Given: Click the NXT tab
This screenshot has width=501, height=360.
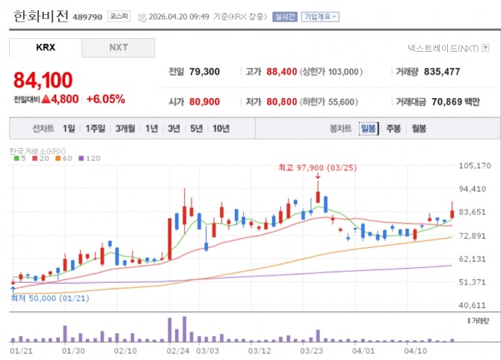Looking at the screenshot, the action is pyautogui.click(x=118, y=48).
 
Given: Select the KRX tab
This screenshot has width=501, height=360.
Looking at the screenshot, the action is pyautogui.click(x=46, y=48).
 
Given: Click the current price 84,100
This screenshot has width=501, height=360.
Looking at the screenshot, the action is pyautogui.click(x=43, y=80).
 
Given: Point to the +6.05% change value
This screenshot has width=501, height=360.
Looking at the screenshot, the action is pyautogui.click(x=105, y=99).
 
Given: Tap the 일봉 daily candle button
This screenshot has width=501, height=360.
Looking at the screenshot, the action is pyautogui.click(x=369, y=129).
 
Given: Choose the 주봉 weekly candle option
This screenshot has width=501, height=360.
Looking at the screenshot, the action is pyautogui.click(x=393, y=129).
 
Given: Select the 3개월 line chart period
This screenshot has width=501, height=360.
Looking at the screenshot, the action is pyautogui.click(x=126, y=129).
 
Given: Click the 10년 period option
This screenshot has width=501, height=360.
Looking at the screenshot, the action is pyautogui.click(x=221, y=129).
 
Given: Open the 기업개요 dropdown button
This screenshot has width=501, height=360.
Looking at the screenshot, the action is pyautogui.click(x=320, y=16).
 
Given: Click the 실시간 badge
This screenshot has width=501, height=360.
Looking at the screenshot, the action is pyautogui.click(x=285, y=16).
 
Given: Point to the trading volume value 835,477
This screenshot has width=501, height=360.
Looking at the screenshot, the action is pyautogui.click(x=442, y=72).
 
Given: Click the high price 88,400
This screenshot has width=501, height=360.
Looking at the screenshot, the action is pyautogui.click(x=282, y=72).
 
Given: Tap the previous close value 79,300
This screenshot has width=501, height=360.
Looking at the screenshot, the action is pyautogui.click(x=204, y=72).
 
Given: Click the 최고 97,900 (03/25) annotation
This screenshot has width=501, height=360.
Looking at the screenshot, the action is pyautogui.click(x=318, y=168).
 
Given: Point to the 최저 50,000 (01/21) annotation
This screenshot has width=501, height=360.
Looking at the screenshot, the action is pyautogui.click(x=50, y=299).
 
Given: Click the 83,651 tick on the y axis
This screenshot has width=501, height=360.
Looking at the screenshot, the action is pyautogui.click(x=473, y=212).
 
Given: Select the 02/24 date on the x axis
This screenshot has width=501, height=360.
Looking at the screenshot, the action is pyautogui.click(x=178, y=351).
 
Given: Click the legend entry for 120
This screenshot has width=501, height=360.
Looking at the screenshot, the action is pyautogui.click(x=90, y=158).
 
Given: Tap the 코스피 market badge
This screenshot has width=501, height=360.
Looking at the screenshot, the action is pyautogui.click(x=119, y=16).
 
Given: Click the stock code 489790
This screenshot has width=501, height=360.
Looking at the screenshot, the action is pyautogui.click(x=87, y=17).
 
